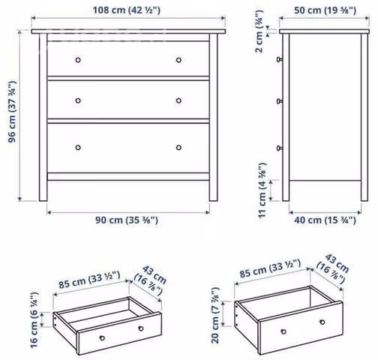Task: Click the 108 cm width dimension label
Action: click(127, 10)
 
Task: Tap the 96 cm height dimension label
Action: click(12, 112)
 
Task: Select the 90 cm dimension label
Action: click(127, 220)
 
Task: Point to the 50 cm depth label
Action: click(325, 10)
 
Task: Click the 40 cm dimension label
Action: click(325, 220)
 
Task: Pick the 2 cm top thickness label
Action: click(259, 31)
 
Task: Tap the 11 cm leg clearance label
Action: click(262, 190)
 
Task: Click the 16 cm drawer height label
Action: click(34, 320)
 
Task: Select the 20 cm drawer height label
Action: click(215, 316)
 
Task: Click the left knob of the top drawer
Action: click(78, 60)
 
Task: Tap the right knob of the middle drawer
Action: click(178, 100)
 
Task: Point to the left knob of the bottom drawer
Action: click(78, 148)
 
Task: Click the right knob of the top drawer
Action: click(178, 60)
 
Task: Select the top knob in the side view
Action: click(280, 59)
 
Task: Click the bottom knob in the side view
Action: click(280, 148)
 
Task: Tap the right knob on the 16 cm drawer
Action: click(141, 328)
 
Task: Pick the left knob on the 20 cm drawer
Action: click(283, 331)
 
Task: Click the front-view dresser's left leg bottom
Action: click(43, 200)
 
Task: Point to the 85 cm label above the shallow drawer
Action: click(89, 280)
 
